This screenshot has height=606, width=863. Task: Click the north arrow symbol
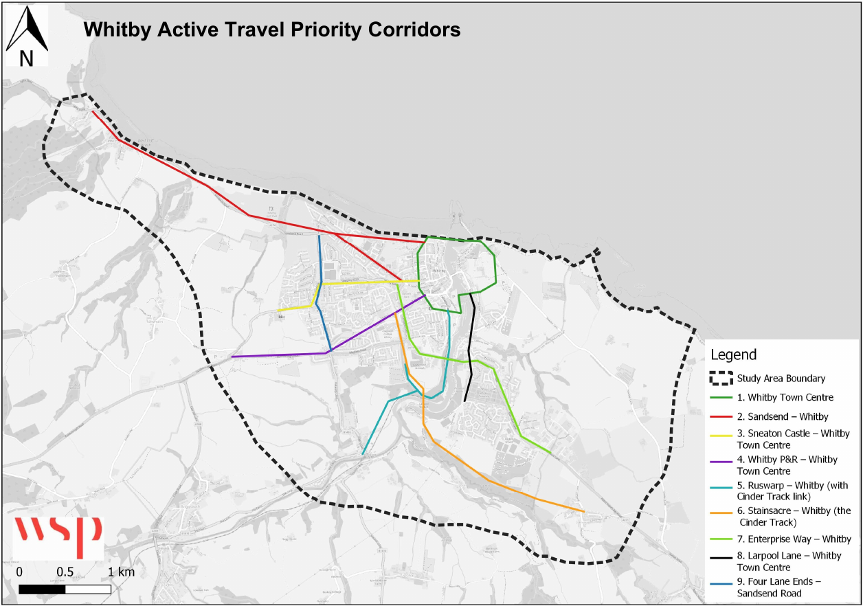pos(27,28)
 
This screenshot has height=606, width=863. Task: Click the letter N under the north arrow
pos(26,60)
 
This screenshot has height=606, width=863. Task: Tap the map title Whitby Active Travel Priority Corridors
pos(271,30)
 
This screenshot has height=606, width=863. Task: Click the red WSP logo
pos(58,537)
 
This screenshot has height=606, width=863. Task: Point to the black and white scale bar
pos(65,589)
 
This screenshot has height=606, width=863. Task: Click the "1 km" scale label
pos(121,572)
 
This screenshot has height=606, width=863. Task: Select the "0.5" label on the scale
pos(65,572)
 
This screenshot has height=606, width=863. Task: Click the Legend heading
pos(733,355)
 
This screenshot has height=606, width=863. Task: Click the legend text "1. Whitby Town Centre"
pos(785,397)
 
